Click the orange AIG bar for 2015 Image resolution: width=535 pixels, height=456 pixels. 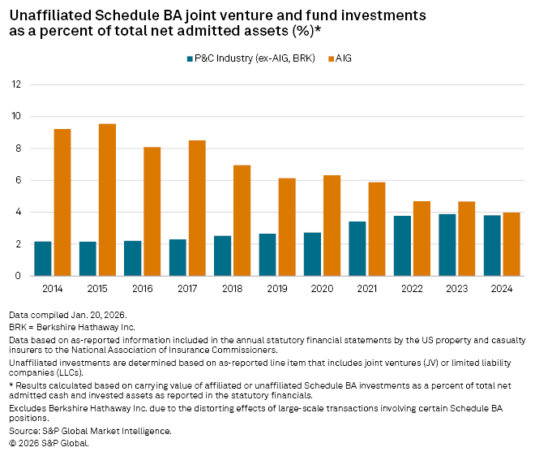pyautogui.click(x=107, y=200)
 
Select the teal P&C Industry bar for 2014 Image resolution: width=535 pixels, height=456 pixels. pyautogui.click(x=43, y=258)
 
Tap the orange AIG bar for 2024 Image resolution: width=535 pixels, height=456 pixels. pyautogui.click(x=511, y=243)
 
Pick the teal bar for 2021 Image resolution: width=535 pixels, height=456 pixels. pyautogui.click(x=357, y=248)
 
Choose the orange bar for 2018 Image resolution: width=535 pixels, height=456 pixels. pyautogui.click(x=242, y=220)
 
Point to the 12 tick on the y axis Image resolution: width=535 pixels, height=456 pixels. pyautogui.click(x=16, y=84)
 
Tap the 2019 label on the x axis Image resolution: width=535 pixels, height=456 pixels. pyautogui.click(x=277, y=287)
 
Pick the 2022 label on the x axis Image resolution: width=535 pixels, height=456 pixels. pyautogui.click(x=412, y=287)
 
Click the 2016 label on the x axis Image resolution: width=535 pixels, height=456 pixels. pyautogui.click(x=143, y=287)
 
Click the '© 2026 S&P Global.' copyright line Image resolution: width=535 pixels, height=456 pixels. pyautogui.click(x=49, y=443)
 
